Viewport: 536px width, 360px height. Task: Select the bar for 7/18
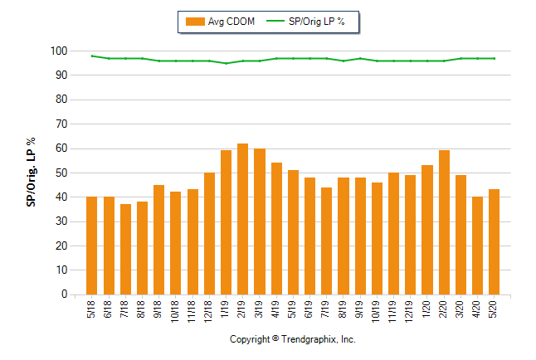click(125, 249)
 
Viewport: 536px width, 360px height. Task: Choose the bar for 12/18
click(209, 233)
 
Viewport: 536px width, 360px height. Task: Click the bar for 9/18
click(158, 240)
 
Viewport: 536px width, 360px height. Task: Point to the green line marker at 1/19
click(226, 63)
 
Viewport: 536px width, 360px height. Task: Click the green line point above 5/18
click(91, 56)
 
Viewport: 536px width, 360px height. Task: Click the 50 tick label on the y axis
click(60, 173)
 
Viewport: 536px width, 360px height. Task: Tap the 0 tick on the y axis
click(63, 294)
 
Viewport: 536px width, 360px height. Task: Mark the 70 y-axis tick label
click(60, 124)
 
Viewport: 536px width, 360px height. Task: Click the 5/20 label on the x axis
click(495, 309)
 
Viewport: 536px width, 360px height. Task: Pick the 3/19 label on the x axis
click(260, 309)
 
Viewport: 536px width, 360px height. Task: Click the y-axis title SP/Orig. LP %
click(31, 173)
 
